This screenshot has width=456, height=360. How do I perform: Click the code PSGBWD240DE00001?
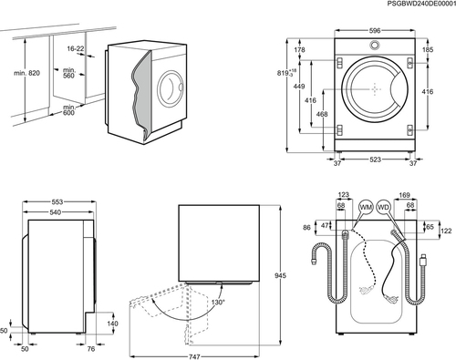point(421,4)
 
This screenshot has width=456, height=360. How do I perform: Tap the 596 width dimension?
point(375,30)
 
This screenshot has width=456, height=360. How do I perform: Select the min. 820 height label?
point(26,73)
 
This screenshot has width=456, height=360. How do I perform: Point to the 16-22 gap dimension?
point(76,48)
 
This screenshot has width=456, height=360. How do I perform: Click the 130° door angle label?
point(218,302)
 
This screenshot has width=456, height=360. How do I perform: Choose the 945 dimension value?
point(280,275)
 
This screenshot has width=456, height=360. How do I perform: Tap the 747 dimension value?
point(194,356)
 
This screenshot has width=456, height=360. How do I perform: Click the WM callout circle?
point(366,207)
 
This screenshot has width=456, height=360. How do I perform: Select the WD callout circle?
point(383,207)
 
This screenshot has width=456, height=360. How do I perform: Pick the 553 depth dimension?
point(57,201)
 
